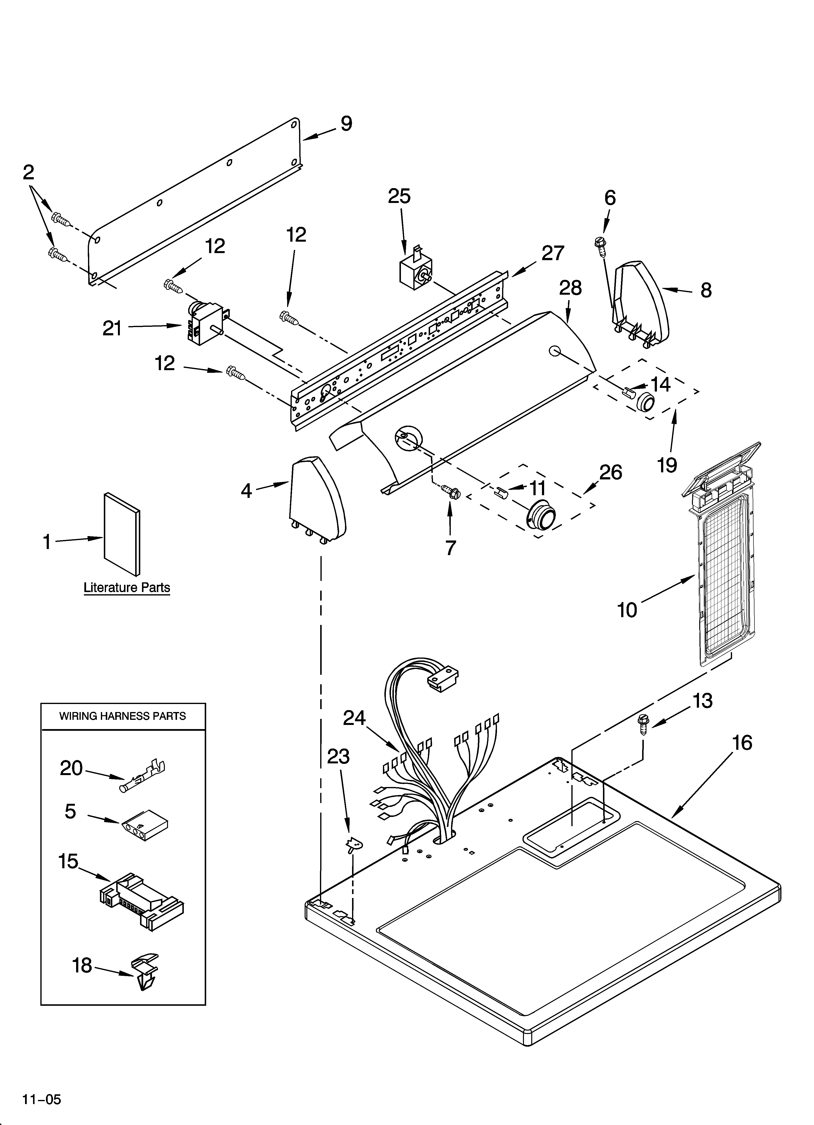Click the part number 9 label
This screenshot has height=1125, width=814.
pyautogui.click(x=346, y=124)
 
